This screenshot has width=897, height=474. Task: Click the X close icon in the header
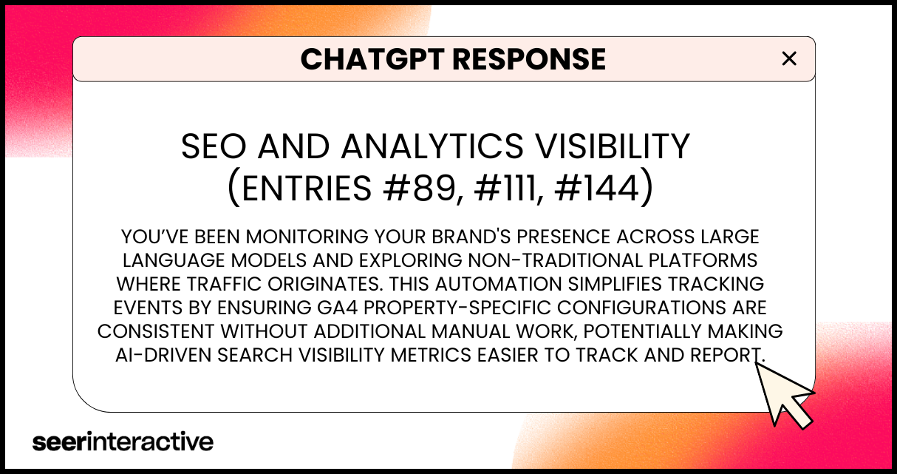pos(789,59)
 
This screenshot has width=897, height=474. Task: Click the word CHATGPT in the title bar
pos(372,59)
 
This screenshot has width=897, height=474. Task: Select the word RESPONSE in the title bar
pos(529,59)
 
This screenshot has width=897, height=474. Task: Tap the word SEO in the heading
pos(214,146)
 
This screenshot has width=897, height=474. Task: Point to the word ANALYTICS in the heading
pos(432,146)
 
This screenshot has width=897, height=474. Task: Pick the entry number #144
pos(597,189)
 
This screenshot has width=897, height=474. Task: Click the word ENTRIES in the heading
pos(307,189)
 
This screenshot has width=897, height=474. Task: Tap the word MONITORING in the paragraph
pos(307,237)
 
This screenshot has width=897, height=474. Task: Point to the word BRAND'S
pos(471,237)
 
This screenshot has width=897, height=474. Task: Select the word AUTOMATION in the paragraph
pos(498,284)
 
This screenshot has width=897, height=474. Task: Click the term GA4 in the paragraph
pos(337,308)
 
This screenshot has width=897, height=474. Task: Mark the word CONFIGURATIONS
pos(641,308)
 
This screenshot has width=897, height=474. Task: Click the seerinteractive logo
pos(123,441)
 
